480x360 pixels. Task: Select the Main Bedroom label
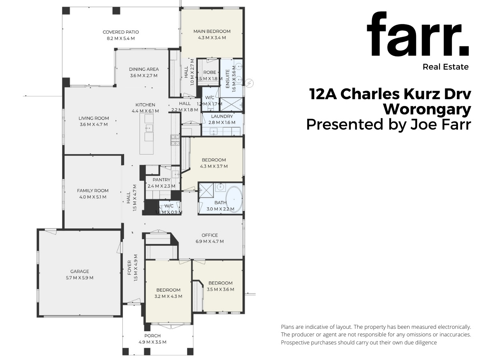pos(212,31)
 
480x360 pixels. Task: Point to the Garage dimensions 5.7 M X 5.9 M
pos(80,278)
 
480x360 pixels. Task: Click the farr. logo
pos(418,35)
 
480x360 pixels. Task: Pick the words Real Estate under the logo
pos(445,67)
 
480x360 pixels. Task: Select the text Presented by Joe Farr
pos(388,124)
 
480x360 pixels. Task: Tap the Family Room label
pos(93,191)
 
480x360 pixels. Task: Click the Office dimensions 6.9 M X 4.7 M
pos(210,241)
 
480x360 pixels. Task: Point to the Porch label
pos(152,336)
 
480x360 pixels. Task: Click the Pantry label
pos(159,180)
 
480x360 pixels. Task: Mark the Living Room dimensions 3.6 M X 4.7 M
pos(93,124)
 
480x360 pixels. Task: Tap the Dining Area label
pos(144,69)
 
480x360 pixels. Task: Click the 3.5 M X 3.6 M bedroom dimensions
pos(220,289)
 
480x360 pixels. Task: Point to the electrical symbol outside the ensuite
pos(250,83)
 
